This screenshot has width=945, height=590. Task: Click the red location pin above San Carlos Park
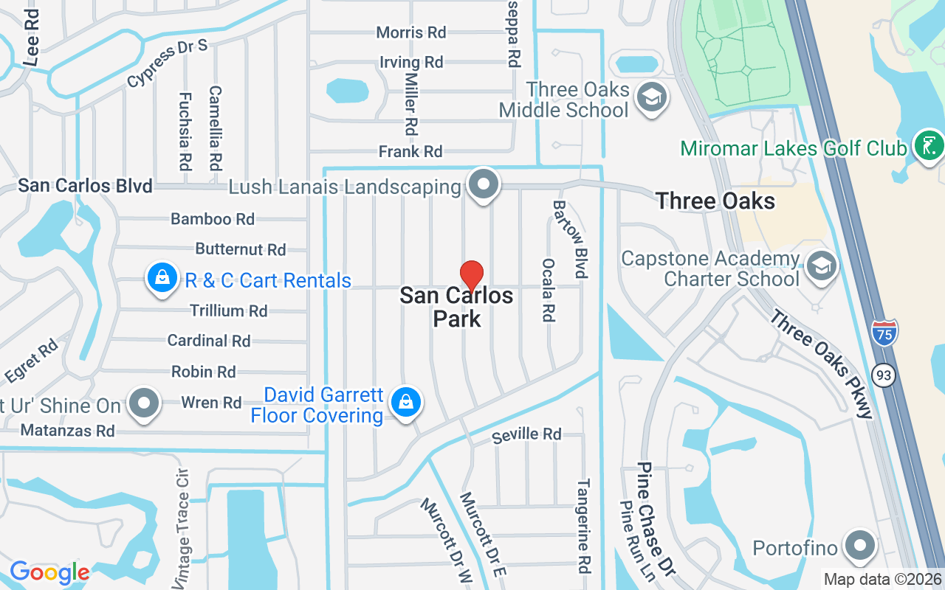[472, 276]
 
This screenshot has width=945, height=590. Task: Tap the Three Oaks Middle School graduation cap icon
[651, 98]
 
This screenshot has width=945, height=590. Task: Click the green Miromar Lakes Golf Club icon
[928, 145]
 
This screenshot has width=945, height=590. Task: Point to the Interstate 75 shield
[884, 334]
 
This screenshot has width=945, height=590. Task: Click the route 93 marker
[883, 375]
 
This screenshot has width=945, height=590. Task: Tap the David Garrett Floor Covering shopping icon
[406, 403]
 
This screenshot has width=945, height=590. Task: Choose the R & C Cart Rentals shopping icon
[160, 279]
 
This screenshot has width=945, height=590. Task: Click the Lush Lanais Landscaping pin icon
[484, 185]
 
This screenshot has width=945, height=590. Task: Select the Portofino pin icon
[859, 546]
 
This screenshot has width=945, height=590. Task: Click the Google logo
[49, 572]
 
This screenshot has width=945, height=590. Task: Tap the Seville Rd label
[527, 434]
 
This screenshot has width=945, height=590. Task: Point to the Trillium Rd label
[229, 310]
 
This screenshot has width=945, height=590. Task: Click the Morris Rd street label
[411, 32]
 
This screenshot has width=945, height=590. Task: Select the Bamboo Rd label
[213, 219]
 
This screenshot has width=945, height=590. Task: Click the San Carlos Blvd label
[85, 185]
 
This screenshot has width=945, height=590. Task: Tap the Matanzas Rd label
[68, 430]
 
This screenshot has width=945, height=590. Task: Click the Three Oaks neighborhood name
[715, 201]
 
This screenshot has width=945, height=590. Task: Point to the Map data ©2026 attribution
[883, 580]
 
